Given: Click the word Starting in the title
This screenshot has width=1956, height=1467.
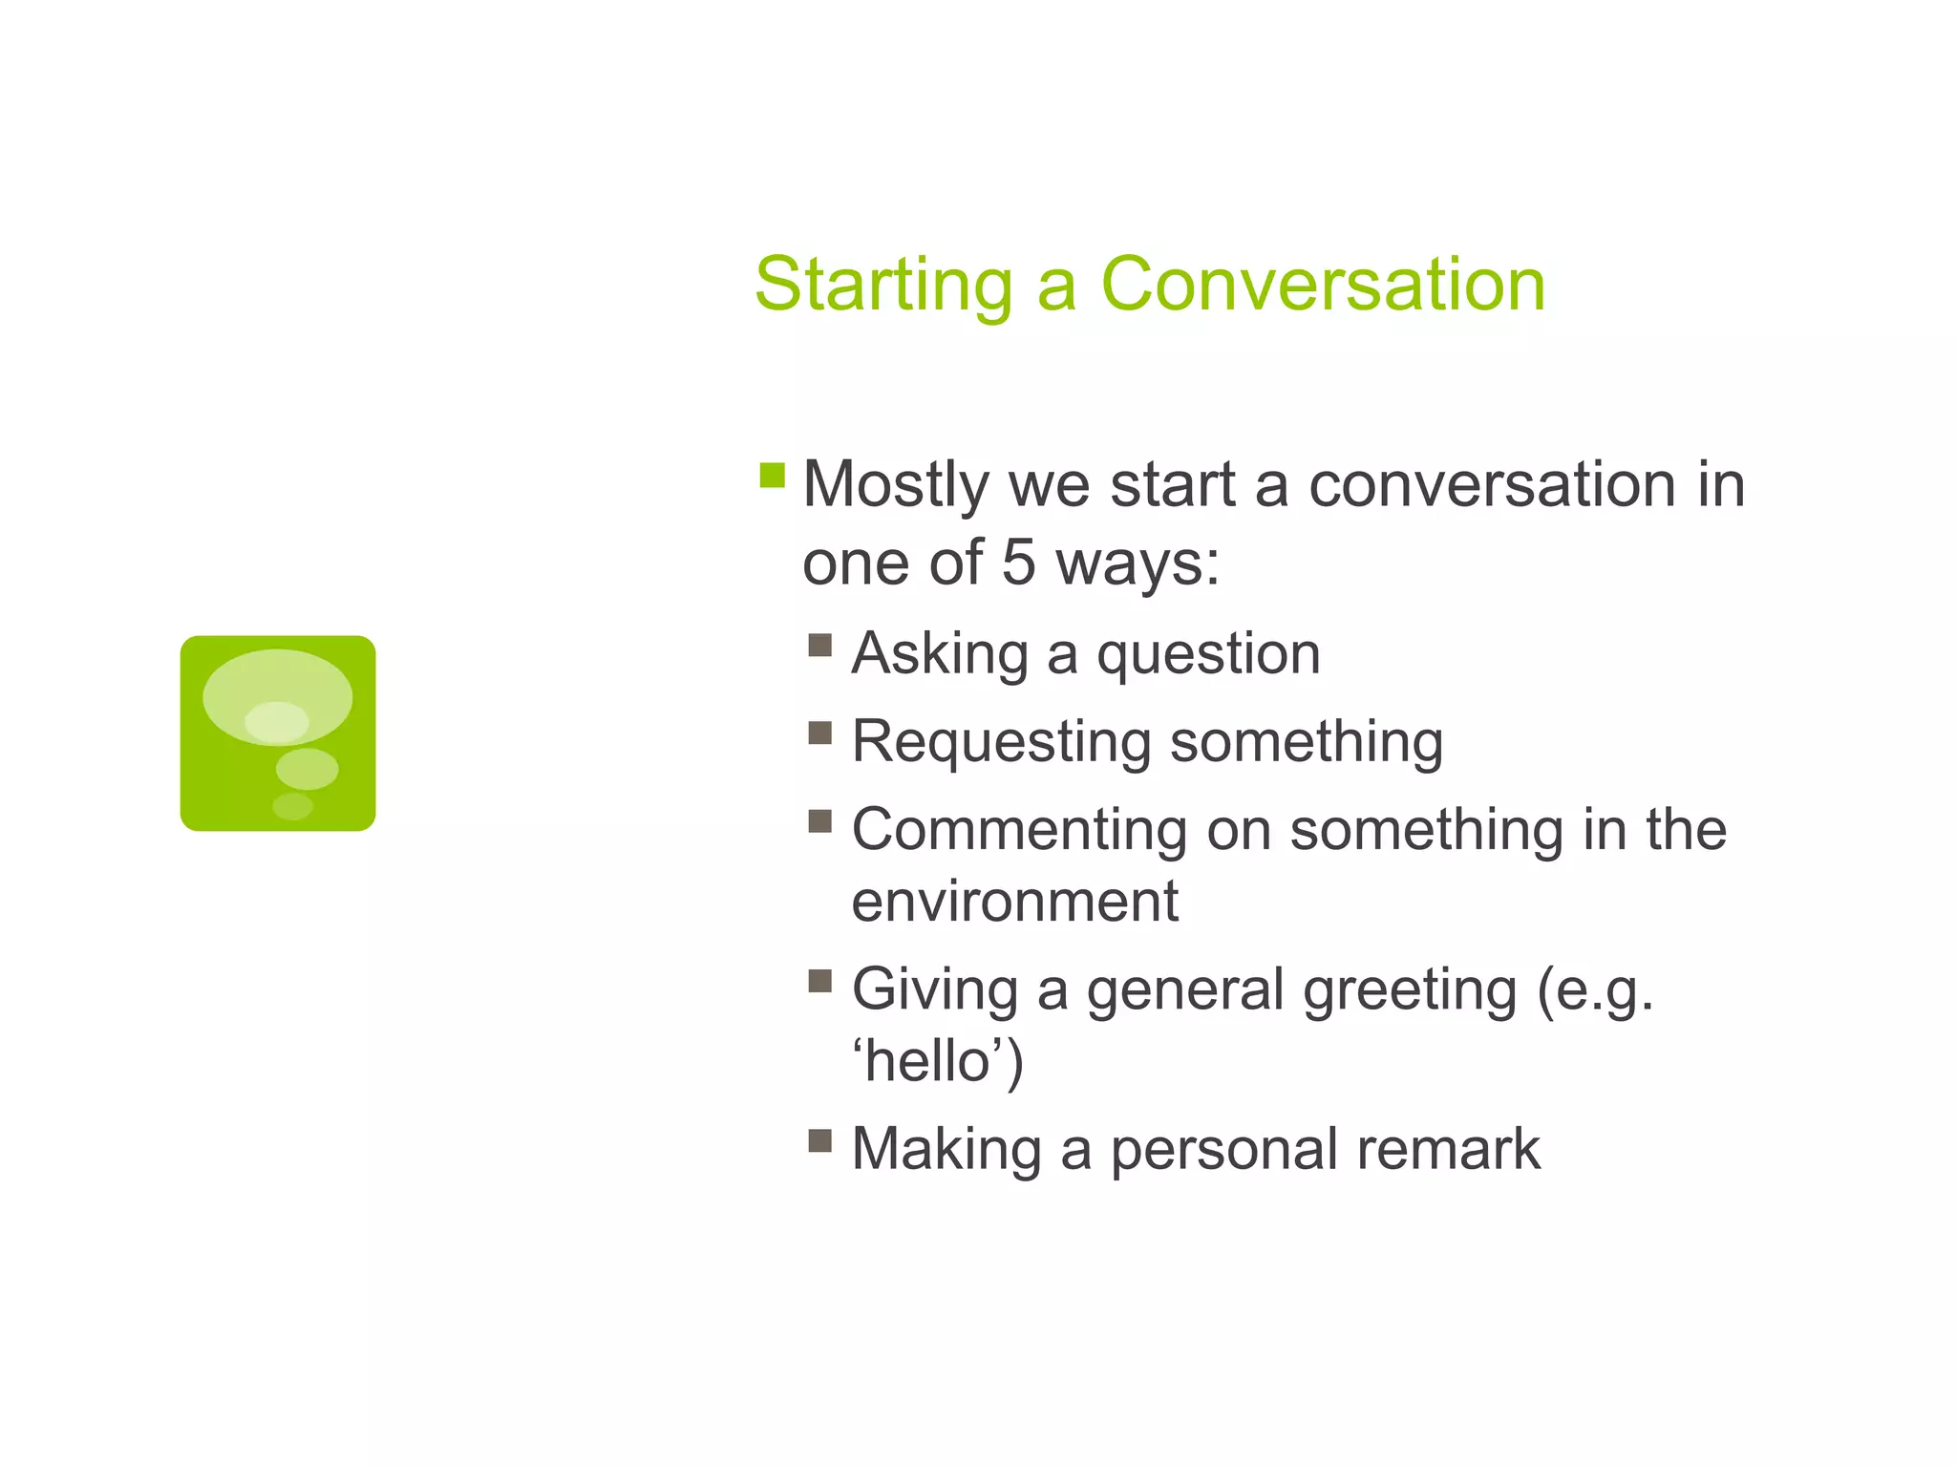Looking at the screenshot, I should click(883, 287).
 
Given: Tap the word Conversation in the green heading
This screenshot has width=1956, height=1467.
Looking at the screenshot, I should click(1323, 285).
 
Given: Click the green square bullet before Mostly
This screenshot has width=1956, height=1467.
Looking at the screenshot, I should click(772, 475).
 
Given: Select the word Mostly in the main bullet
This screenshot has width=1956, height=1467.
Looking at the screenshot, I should click(895, 485).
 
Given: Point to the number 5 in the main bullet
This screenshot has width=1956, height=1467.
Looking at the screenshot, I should click(1018, 562).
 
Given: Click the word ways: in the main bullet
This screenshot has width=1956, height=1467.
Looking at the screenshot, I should click(1137, 563).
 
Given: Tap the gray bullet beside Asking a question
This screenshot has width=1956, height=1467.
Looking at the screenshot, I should click(819, 645).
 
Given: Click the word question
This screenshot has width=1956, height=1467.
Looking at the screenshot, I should click(1208, 655).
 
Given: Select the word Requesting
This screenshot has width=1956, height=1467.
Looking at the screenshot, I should click(1002, 743).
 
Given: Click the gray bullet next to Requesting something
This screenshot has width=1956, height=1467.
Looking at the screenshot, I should click(819, 733).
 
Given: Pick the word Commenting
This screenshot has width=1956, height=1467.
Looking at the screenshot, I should click(1019, 829).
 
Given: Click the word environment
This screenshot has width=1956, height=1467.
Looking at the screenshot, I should click(1014, 902).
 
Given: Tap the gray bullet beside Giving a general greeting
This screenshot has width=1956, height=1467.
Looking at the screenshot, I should click(819, 981).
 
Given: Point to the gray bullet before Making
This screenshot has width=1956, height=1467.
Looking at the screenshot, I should click(819, 1140).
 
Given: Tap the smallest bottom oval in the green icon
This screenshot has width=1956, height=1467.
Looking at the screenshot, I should click(292, 806).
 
